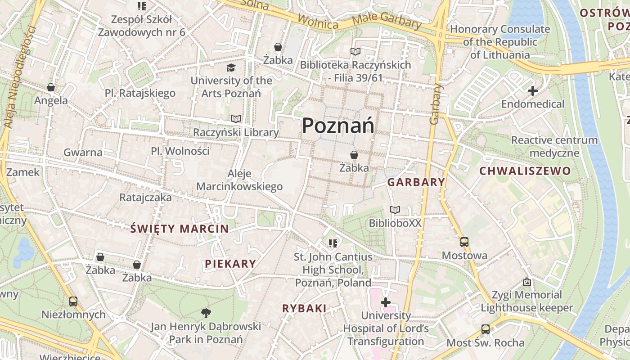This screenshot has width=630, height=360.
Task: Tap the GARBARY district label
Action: point(416,182)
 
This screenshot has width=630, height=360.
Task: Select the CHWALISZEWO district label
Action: point(525,171)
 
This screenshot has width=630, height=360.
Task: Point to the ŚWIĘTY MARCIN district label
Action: point(180,229)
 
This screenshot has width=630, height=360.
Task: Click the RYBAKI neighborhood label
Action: point(304,308)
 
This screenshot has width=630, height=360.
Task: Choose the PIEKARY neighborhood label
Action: point(230,264)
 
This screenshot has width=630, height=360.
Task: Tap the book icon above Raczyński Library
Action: point(236,119)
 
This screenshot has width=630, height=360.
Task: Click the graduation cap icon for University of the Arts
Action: point(231,67)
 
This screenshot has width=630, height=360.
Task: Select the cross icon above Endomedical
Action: point(533,91)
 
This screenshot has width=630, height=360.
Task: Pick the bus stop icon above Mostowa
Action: point(464,242)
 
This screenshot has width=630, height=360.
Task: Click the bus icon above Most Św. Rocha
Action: point(485,329)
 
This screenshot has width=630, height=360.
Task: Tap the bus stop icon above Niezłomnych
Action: point(73,301)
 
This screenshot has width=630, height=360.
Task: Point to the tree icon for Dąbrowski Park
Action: point(206,312)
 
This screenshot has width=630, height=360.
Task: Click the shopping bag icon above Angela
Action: point(51,87)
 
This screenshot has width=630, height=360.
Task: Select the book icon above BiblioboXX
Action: point(395,210)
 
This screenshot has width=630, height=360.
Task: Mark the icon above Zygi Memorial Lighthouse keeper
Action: point(527,282)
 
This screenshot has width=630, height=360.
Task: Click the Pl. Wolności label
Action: point(180,151)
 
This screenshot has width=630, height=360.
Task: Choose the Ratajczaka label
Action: point(145,197)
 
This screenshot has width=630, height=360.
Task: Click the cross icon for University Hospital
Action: point(386,302)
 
